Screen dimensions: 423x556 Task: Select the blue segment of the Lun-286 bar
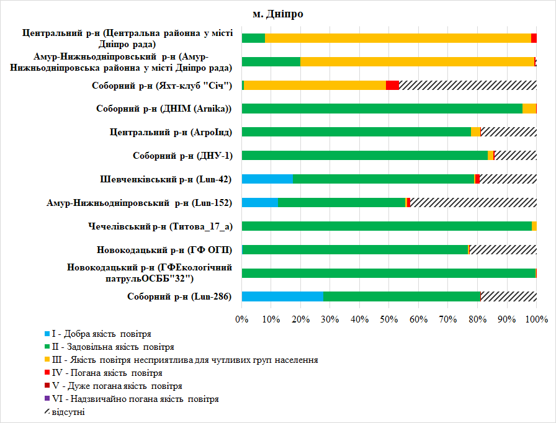coord(282,296)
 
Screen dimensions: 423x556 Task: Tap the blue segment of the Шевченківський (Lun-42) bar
coord(267,179)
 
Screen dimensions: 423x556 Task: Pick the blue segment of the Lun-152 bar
coord(259,203)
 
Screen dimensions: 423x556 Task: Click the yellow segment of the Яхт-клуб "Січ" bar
coord(315,85)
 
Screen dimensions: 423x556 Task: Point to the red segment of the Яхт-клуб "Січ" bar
coord(392,85)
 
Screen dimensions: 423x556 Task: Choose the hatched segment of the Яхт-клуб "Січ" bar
coord(467,85)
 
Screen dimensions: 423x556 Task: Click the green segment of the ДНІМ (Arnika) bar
coord(382,109)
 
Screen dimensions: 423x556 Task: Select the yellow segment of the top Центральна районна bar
coord(398,38)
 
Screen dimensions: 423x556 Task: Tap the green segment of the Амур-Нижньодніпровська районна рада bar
coord(271,61)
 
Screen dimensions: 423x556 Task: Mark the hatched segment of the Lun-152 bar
coord(473,203)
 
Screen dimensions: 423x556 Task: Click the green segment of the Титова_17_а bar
coord(387,226)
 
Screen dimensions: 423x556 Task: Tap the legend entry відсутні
coord(68,412)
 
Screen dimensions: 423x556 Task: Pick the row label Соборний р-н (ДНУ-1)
coord(182,156)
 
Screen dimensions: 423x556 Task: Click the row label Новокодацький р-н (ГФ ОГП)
coord(164,250)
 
